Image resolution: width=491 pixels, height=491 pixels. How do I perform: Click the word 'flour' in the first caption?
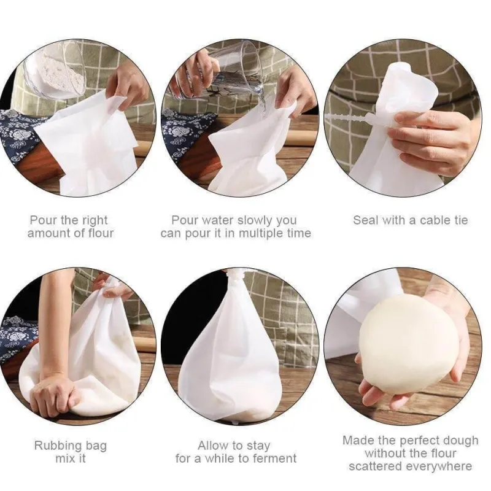click(99, 233)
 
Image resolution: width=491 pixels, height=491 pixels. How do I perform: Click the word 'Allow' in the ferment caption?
click(212, 446)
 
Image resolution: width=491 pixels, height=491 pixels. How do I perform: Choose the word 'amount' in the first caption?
click(48, 234)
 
